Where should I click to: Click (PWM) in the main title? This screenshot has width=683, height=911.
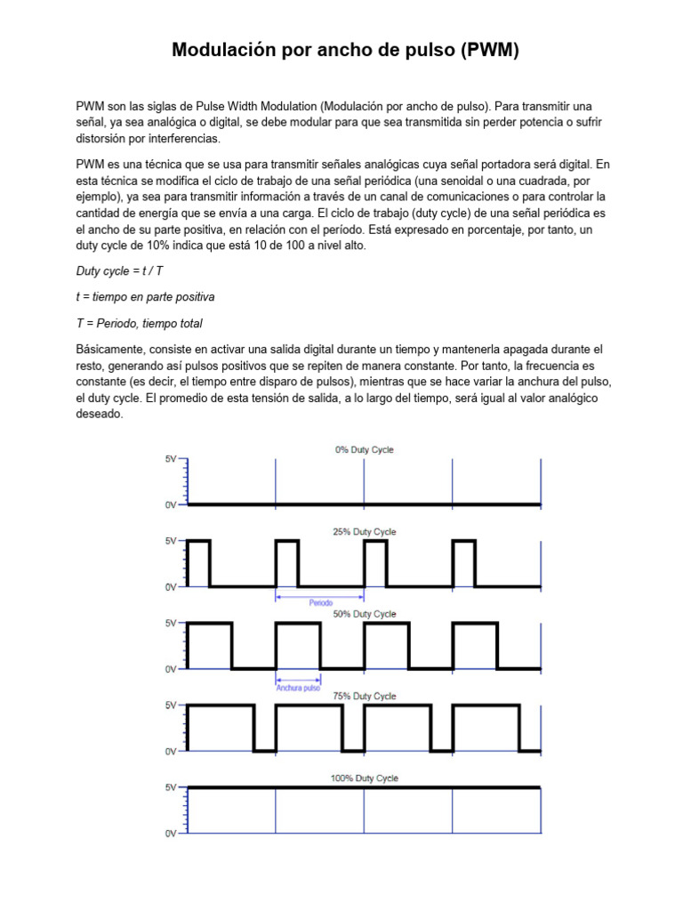point(489,52)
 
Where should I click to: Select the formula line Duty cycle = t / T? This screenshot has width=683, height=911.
point(119,270)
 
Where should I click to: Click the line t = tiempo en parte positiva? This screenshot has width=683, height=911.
point(145,296)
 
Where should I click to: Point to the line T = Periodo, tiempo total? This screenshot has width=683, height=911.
point(145,323)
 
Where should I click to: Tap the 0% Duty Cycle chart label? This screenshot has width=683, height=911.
point(364,450)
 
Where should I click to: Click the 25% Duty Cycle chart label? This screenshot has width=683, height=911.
point(364,532)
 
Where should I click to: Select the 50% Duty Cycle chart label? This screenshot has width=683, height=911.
point(364,615)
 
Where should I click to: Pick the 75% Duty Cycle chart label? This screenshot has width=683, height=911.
point(364,697)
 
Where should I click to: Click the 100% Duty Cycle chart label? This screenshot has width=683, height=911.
point(364,778)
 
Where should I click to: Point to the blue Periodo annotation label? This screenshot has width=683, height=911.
point(321,603)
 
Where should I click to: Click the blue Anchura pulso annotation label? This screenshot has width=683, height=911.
point(298,687)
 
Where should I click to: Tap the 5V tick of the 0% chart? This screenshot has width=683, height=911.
point(170,459)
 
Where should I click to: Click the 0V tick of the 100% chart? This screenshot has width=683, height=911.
point(170,834)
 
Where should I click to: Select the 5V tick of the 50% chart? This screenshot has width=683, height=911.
point(170,624)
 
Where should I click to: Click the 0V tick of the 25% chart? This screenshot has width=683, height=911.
point(170,587)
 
